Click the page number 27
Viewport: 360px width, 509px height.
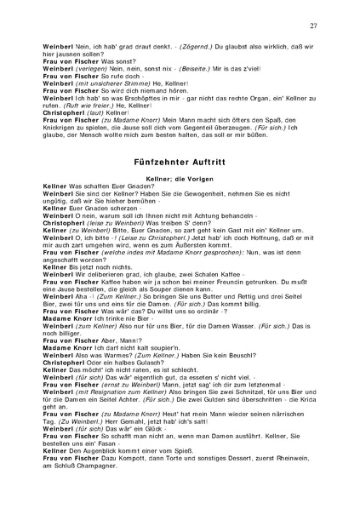click(x=313, y=28)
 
